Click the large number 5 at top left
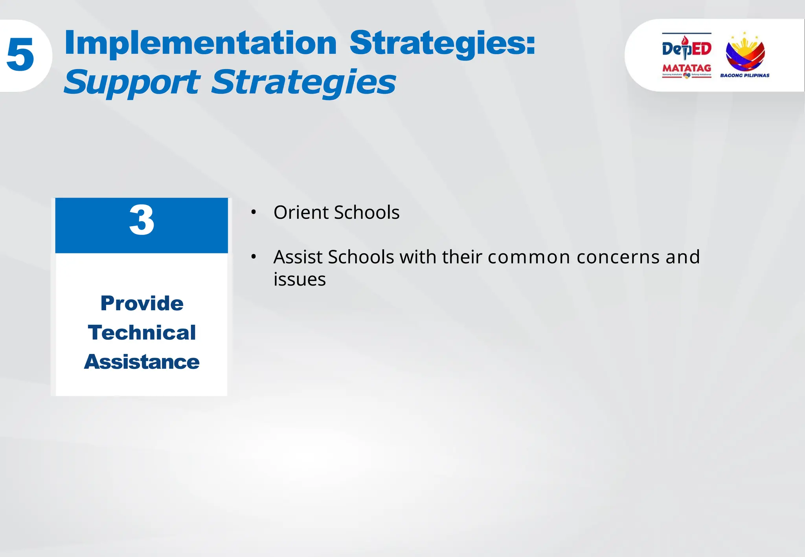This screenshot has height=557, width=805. tap(20, 55)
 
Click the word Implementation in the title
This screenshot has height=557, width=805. tap(200, 43)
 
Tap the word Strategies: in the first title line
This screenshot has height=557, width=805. tap(442, 44)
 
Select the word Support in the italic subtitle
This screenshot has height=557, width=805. tap(132, 82)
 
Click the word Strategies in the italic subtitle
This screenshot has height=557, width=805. tap(303, 82)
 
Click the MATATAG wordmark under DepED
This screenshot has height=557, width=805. tap(686, 68)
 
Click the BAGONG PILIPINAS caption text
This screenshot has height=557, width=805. tap(744, 75)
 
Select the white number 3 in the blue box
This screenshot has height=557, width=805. tap(142, 220)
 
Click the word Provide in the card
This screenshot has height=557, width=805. tap(142, 303)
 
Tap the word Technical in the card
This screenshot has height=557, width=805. tap(142, 333)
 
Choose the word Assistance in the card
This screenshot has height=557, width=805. tap(142, 362)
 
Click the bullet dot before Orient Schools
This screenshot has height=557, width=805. tap(254, 213)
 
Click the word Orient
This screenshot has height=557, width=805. tap(301, 213)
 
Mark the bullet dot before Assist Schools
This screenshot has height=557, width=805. tap(254, 257)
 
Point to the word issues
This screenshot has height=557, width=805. tap(300, 280)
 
